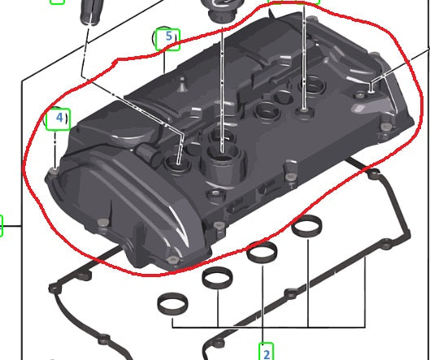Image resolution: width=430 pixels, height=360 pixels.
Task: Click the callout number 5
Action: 168,37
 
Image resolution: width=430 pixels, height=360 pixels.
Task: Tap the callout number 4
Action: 59,118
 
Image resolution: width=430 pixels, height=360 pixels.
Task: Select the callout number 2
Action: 267,354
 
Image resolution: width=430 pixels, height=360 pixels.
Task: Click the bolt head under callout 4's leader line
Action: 54,171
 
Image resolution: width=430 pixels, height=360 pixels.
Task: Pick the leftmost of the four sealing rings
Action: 173,304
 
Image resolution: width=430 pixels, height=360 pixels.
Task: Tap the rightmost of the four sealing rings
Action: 307,226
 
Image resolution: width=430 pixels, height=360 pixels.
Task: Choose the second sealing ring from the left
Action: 217,278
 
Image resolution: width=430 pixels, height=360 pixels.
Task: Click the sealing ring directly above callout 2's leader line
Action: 262,252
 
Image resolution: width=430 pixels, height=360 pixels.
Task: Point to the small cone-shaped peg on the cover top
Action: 182,85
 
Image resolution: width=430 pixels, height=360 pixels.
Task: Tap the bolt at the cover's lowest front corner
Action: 173,260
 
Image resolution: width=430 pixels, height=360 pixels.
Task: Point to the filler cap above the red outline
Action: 221,11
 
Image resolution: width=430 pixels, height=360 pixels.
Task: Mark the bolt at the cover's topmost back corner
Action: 311,20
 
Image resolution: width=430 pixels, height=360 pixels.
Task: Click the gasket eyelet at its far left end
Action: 54,288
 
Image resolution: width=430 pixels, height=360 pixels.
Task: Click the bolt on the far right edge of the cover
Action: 386,127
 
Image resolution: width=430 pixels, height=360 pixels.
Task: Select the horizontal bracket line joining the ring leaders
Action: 269,327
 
